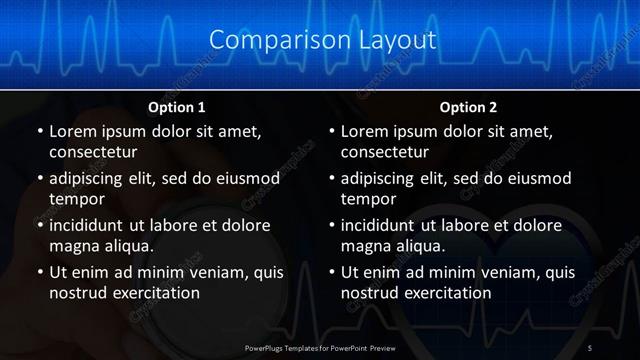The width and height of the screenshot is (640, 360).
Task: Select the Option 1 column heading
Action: [x=177, y=107]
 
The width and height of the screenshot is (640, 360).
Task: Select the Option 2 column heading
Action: [x=468, y=107]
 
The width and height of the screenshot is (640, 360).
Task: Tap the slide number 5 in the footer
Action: [x=590, y=347]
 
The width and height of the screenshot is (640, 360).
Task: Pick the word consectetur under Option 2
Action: [x=385, y=153]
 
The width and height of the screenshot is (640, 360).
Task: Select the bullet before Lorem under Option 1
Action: [x=39, y=132]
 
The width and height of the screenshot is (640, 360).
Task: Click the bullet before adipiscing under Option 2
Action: [x=331, y=178]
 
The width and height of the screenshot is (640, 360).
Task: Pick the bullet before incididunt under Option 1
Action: [x=39, y=224]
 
